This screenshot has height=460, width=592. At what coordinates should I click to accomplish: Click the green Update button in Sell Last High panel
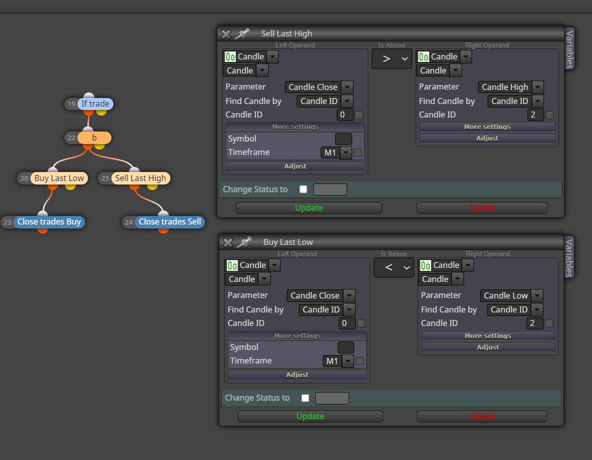[309, 208]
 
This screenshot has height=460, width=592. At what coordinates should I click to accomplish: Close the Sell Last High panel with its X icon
[226, 34]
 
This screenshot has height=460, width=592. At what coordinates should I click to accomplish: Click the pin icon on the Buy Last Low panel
[244, 242]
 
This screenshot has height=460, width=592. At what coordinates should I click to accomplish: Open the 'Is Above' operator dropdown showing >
[392, 59]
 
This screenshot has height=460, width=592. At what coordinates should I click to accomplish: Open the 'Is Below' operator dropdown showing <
[394, 267]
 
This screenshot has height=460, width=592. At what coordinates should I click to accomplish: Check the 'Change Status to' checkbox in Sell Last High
[303, 189]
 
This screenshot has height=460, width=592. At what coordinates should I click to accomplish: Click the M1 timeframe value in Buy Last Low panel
[332, 361]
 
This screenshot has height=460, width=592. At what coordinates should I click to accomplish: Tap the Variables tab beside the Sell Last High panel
[570, 48]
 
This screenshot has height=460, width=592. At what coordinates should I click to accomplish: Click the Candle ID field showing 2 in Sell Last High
[536, 114]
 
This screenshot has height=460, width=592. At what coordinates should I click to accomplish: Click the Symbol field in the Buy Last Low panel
[346, 347]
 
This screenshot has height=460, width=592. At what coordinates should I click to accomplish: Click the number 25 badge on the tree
[105, 178]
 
